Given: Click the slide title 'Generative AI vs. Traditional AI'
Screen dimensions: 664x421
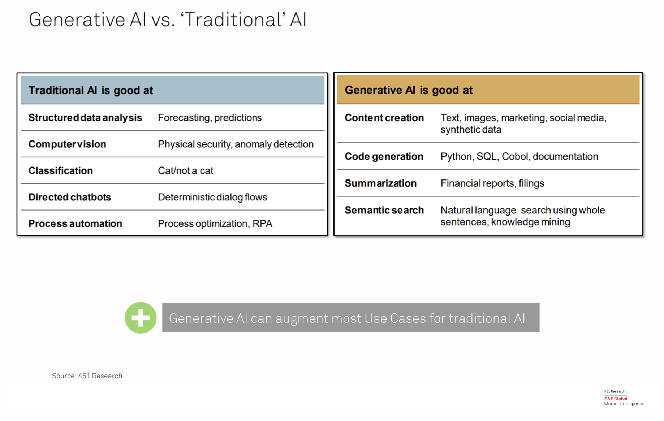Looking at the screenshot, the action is click(x=168, y=20).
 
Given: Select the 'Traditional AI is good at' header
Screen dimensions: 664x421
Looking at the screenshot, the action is click(x=91, y=90).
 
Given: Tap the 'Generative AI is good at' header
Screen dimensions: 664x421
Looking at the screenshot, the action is click(x=409, y=90).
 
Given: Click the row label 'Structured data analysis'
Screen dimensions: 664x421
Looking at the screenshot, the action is click(x=85, y=118).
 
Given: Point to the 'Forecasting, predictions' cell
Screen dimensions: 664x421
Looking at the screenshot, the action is click(x=210, y=118).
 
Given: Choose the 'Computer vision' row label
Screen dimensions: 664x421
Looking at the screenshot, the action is click(x=67, y=144).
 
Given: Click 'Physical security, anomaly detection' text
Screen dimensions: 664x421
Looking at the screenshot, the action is click(x=236, y=144).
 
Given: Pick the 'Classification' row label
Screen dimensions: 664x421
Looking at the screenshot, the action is click(x=61, y=170).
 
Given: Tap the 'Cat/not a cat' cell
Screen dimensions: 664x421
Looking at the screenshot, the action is click(x=185, y=170).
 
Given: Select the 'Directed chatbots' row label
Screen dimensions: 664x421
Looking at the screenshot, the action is click(x=70, y=197).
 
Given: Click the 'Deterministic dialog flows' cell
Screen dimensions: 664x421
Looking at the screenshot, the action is click(x=212, y=197).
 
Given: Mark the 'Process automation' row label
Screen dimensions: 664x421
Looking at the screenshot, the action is click(x=75, y=224).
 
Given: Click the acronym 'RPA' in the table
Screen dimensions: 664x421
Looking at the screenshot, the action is click(x=262, y=224).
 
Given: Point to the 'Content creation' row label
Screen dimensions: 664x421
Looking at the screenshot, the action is click(x=384, y=118).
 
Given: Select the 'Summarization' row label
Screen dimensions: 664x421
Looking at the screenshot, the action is click(x=380, y=183).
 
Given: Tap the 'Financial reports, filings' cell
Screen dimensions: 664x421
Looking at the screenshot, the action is click(x=492, y=183).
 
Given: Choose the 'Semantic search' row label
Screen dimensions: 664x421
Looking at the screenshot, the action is click(x=384, y=210).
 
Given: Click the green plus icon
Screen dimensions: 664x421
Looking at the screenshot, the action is click(x=141, y=318).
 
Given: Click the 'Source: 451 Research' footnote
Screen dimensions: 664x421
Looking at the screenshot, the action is click(x=87, y=376).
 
